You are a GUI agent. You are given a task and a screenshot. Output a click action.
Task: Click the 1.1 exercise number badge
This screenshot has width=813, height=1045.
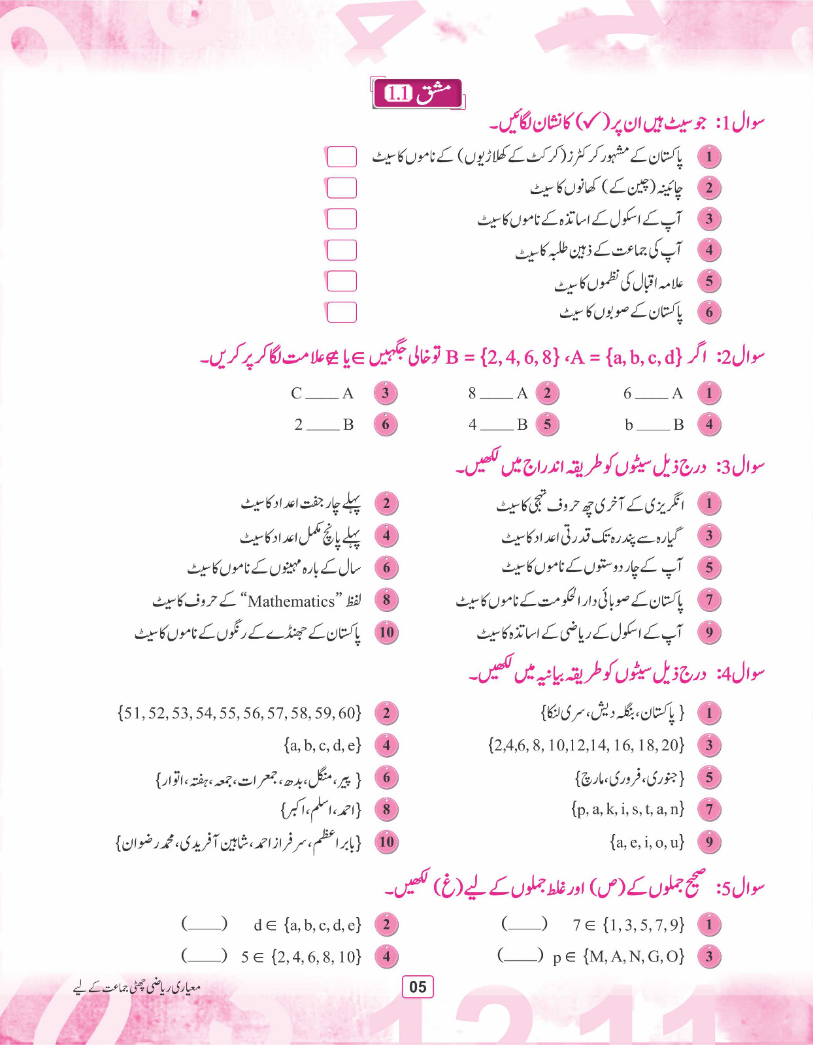(398, 94)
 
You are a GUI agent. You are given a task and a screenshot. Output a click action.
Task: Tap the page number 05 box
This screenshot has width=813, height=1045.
(418, 986)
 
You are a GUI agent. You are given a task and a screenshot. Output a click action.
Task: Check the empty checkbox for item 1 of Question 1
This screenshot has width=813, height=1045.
(341, 157)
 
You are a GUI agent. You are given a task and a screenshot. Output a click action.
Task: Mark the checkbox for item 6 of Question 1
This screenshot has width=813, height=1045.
(341, 312)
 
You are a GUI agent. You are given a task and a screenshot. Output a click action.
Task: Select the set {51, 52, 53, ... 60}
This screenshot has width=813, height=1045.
(239, 713)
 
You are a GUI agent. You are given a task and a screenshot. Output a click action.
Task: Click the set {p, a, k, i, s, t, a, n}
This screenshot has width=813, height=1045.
(627, 810)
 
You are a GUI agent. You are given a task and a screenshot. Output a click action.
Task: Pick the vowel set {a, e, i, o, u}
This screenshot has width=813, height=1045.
(647, 843)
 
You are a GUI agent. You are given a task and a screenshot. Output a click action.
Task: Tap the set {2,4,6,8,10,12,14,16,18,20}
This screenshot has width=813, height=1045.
(586, 745)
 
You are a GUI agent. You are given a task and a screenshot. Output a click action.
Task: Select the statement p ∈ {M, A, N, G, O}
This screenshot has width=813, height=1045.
(618, 957)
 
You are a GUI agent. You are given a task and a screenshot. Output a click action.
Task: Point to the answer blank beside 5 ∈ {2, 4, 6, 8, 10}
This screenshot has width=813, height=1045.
(205, 957)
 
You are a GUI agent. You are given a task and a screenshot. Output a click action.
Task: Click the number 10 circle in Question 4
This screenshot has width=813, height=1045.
(386, 842)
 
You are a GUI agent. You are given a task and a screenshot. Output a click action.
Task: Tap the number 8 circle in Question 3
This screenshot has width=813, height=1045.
(386, 600)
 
